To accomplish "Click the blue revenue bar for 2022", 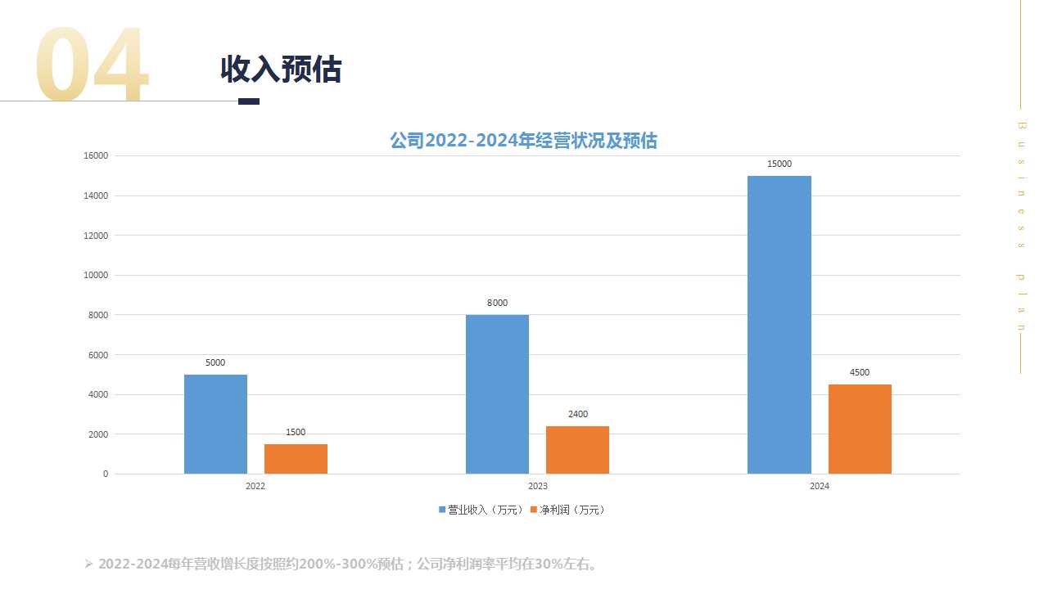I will point(215,424).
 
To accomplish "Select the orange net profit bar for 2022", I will point(296,459).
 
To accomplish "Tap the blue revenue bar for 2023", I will point(497,394).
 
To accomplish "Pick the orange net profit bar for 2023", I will point(577,450).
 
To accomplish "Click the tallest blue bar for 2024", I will point(779,325).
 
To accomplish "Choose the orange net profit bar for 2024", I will point(860,429).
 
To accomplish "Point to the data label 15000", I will point(779,164).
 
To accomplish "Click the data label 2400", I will point(577,415).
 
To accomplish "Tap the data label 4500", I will point(860,373).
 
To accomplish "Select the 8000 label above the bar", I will point(497,303).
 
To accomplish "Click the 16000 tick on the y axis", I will point(96,155).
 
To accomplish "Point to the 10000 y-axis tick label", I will point(96,275).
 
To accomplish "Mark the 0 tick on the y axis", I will point(105,474).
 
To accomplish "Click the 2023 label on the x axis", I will point(537,486).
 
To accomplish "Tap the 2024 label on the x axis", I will point(819,486).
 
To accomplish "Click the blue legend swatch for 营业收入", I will point(443,510).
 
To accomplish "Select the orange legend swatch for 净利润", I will point(534,510).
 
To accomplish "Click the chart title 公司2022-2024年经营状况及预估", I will point(523,141).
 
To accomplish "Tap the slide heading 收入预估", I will point(281,70).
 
